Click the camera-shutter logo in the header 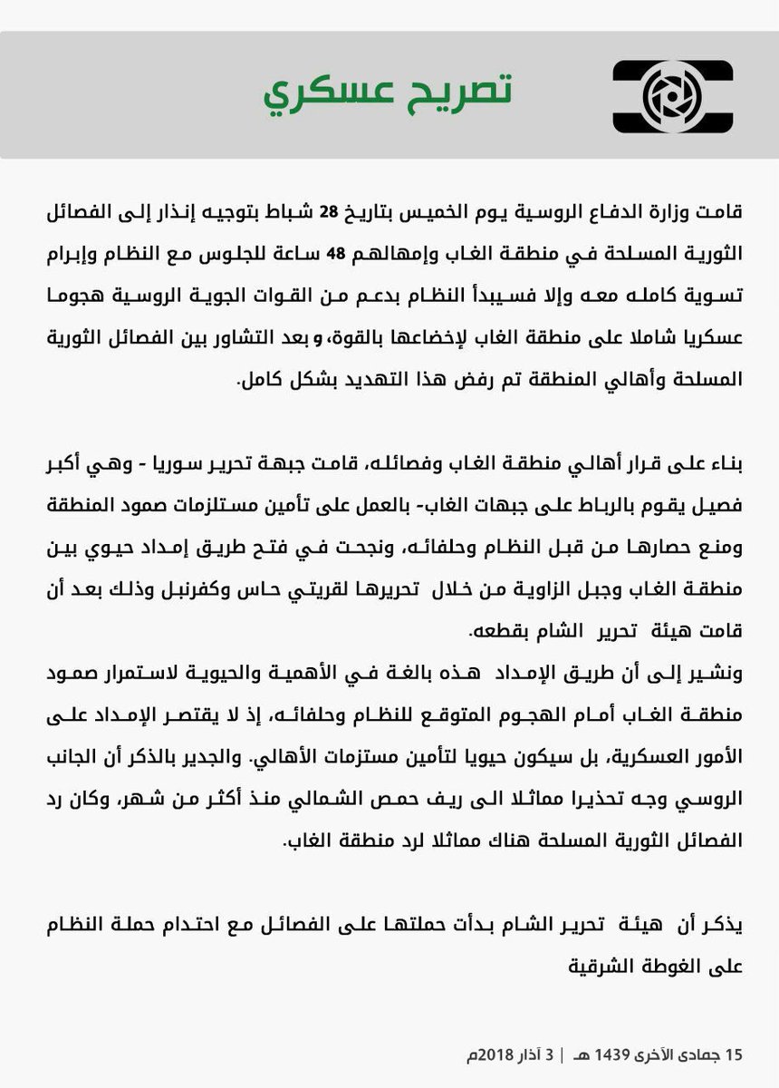(x=673, y=93)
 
